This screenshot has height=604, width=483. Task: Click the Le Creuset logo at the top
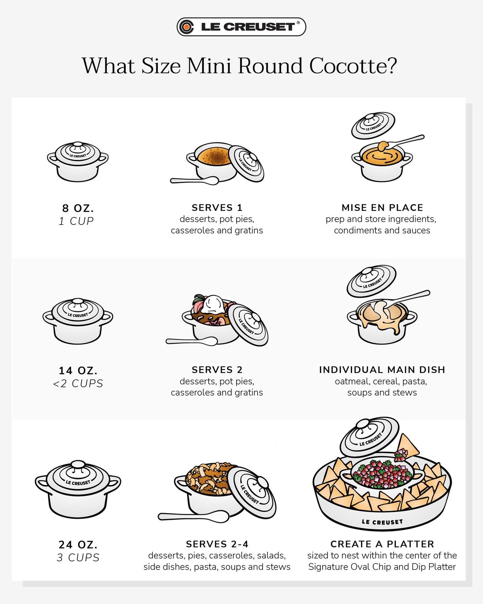point(241,27)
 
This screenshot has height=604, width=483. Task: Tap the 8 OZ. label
point(78,208)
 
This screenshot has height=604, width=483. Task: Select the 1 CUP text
point(76,221)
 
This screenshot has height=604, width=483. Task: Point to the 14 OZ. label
point(78,370)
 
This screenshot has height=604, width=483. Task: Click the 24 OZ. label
point(78,544)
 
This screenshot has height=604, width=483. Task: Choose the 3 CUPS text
point(78,558)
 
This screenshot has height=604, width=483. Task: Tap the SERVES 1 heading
point(217,208)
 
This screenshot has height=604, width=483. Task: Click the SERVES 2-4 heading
point(217,544)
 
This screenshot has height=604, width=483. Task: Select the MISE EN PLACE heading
point(382,208)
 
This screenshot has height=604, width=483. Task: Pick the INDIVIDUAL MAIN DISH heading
point(382,370)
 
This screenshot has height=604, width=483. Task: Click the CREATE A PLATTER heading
point(382,544)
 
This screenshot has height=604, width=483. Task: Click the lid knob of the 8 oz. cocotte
point(78,145)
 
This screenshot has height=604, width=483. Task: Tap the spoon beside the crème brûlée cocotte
point(194,180)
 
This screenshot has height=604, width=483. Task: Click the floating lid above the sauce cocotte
point(373,125)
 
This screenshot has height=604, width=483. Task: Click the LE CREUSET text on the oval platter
point(382,522)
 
